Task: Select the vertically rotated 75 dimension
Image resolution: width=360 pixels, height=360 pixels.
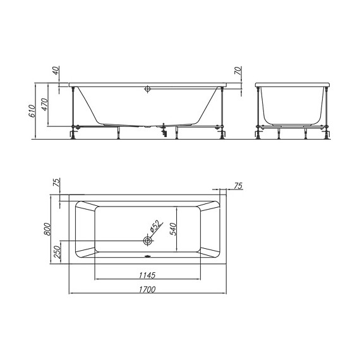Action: [x=56, y=183]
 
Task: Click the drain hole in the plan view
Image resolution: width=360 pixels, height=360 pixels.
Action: [x=147, y=241]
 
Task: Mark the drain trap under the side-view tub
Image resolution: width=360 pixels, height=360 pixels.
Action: [x=164, y=129]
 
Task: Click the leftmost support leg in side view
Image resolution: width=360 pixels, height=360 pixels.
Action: [x=75, y=111]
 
